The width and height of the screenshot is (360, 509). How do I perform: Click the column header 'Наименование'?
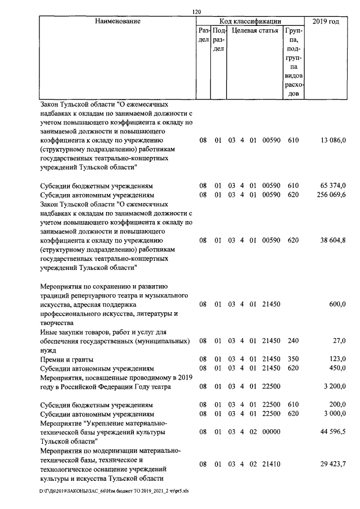click(x=118, y=22)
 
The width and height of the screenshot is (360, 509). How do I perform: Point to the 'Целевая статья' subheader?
click(x=255, y=31)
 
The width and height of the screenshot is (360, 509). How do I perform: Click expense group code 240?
click(x=292, y=341)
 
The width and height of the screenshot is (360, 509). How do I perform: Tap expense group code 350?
click(x=292, y=359)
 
